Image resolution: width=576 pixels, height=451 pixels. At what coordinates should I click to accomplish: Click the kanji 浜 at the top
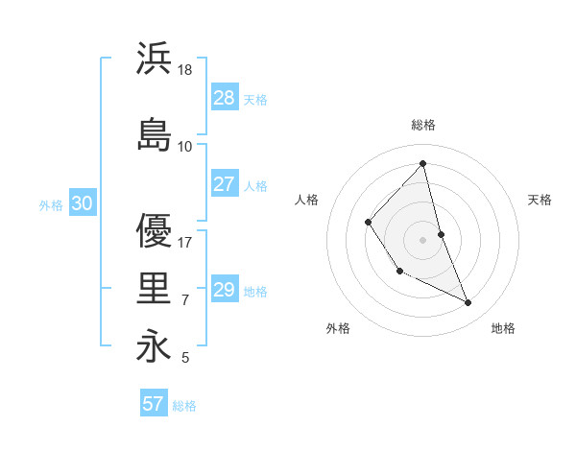pos(154,59)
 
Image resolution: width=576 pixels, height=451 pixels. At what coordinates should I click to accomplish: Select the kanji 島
pos(154,134)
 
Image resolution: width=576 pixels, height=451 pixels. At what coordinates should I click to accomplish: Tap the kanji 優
pos(154,230)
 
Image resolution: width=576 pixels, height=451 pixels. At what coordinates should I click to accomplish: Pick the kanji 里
pos(154,288)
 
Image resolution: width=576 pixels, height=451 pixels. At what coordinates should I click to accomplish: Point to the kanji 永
pos(154,346)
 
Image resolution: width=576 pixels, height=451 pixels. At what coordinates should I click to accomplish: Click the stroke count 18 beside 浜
pos(186,70)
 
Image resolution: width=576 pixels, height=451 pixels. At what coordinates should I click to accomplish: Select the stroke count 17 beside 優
pos(186,243)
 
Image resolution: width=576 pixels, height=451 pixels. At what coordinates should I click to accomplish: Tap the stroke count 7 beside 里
pos(185,300)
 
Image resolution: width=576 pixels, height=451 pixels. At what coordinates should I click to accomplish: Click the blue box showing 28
pos(225,98)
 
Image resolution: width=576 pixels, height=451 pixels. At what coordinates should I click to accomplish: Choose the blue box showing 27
pos(225,184)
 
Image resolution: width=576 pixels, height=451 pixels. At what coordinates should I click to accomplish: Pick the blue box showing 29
pos(225,290)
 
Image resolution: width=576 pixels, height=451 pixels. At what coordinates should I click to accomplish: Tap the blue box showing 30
pos(82,203)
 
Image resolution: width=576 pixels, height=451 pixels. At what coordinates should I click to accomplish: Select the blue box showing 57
pos(154,404)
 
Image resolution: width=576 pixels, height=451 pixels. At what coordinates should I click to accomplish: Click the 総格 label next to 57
pos(184,406)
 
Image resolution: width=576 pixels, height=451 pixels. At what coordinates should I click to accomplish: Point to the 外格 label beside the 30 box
pos(51,204)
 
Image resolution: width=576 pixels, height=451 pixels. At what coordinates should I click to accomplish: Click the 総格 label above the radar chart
pos(423,125)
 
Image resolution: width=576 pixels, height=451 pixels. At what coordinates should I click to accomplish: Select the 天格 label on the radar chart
pos(540,200)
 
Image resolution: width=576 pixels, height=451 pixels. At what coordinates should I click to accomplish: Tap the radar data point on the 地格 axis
pos(468,303)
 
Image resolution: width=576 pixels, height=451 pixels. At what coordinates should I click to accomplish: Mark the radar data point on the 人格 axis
pos(369,223)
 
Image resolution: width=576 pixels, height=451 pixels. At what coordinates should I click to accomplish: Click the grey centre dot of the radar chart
pos(423,240)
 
